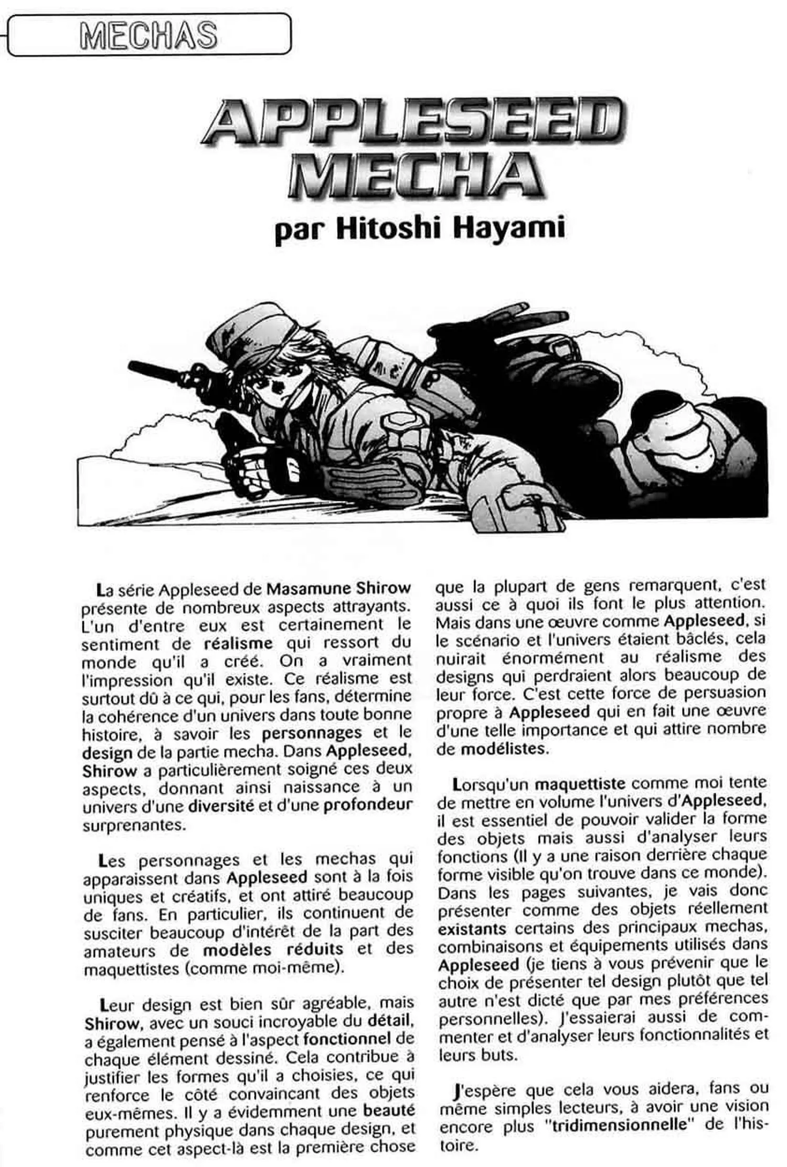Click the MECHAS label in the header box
(148, 35)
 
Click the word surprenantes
(134, 825)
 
